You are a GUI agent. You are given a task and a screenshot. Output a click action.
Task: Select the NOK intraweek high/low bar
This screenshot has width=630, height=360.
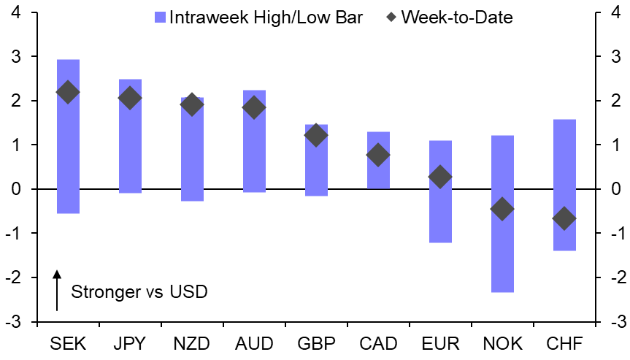502,248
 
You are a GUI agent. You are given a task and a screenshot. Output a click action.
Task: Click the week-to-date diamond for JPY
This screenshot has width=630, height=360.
130,98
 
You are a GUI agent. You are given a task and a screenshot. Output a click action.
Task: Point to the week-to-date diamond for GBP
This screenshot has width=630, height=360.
316,135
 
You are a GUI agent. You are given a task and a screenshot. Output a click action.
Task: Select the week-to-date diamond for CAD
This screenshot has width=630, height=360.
378,155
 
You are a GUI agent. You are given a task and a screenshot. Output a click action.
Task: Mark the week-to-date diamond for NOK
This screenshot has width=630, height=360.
502,209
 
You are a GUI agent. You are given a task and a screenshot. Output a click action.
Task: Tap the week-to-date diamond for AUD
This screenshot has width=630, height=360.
254,107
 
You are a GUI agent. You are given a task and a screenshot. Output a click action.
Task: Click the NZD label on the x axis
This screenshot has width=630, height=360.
192,343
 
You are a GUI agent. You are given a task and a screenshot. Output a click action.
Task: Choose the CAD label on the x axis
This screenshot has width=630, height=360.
378,343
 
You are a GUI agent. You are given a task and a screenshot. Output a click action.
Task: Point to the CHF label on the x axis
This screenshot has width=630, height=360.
564,343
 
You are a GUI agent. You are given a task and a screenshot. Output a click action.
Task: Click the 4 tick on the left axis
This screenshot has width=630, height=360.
16,13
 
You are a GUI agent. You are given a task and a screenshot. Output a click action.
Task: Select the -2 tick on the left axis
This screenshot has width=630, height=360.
14,278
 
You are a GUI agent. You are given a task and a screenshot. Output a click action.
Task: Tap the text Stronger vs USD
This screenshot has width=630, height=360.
139,292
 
